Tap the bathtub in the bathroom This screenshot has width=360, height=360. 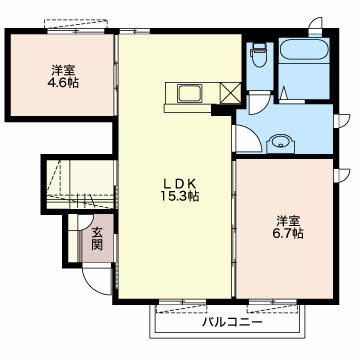click(x=303, y=50)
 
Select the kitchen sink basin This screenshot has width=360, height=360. click(x=190, y=92)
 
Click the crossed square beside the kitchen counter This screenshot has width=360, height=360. click(x=231, y=92)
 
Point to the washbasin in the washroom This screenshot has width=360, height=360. click(x=281, y=144)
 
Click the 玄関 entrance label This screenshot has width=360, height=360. click(x=97, y=239)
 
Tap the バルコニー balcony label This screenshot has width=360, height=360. click(x=233, y=322)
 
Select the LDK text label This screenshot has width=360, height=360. click(x=180, y=183)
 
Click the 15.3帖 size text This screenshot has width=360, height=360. click(x=180, y=196)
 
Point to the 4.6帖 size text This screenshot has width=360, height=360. click(x=63, y=82)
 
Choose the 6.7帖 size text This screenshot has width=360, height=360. click(x=287, y=233)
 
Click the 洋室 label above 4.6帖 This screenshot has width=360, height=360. click(x=63, y=70)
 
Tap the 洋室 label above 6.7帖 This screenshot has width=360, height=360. click(x=287, y=220)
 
